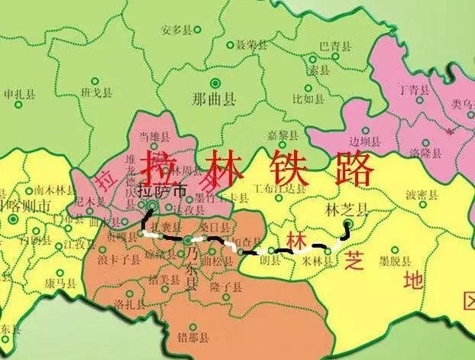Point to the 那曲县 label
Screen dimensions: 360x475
[x=215, y=99]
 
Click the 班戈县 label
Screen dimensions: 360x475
[x=98, y=92]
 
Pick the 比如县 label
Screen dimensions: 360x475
[x=308, y=98]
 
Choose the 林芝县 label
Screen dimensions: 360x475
[x=341, y=208]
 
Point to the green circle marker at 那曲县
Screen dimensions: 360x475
[x=215, y=83]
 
